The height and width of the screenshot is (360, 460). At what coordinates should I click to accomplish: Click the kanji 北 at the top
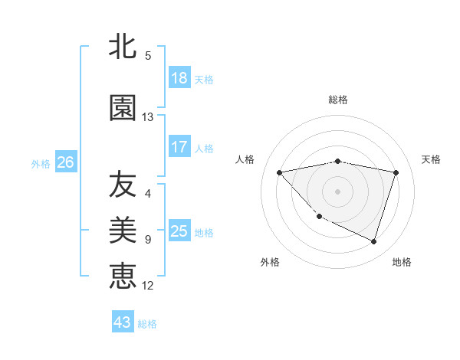click(x=123, y=47)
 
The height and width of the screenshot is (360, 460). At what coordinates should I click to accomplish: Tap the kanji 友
click(x=123, y=185)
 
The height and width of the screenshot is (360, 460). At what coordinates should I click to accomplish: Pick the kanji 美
click(x=123, y=229)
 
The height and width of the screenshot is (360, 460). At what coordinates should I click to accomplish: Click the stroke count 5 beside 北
click(x=148, y=55)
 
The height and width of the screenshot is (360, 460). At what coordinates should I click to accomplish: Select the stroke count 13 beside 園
click(x=148, y=117)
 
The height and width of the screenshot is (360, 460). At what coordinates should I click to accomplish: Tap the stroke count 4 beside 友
click(x=148, y=194)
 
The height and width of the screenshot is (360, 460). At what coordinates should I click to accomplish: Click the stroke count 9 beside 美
click(x=148, y=240)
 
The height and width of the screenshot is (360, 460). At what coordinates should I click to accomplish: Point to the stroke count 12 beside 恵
click(x=148, y=285)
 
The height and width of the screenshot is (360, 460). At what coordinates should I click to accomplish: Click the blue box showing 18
click(x=179, y=78)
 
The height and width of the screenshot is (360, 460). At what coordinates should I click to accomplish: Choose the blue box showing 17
click(x=179, y=147)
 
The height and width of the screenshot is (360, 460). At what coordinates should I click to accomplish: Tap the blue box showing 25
click(x=179, y=231)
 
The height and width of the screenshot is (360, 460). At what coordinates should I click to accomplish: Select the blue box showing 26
click(x=65, y=162)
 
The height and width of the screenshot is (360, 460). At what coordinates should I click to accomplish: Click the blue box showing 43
click(x=123, y=322)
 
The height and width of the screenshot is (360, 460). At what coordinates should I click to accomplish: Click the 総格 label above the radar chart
click(x=338, y=100)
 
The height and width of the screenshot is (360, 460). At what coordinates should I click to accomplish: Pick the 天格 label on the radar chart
click(x=431, y=159)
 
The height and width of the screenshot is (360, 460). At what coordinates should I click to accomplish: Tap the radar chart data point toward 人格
click(x=280, y=172)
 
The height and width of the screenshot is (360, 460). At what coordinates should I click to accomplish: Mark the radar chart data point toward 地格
click(x=373, y=241)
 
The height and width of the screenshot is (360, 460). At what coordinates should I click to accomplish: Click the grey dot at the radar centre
click(x=338, y=191)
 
